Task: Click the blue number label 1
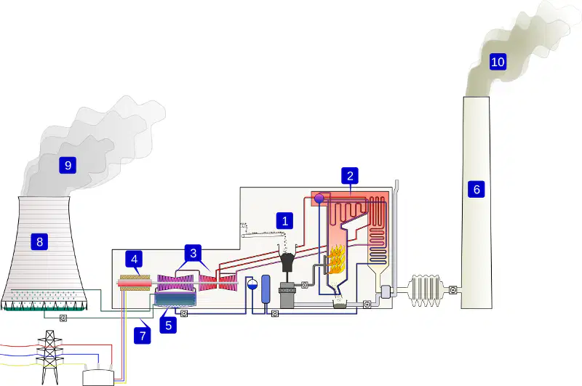click(x=284, y=221)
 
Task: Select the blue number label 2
click(x=350, y=176)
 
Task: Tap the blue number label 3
click(x=193, y=253)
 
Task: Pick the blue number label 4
click(x=134, y=259)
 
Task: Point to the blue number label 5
click(x=168, y=325)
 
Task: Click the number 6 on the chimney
click(x=477, y=189)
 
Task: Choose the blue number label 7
click(x=143, y=336)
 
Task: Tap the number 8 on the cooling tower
click(x=39, y=242)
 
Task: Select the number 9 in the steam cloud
click(x=68, y=165)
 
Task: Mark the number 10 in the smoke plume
click(x=498, y=62)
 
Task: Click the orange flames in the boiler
click(x=336, y=260)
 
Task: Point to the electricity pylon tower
click(x=49, y=358)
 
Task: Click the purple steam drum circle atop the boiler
click(x=319, y=199)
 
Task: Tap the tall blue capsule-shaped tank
click(x=266, y=289)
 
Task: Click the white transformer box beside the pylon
click(x=98, y=377)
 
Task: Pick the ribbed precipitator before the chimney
click(x=426, y=290)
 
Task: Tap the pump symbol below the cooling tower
click(x=63, y=318)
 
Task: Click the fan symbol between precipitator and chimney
click(x=453, y=289)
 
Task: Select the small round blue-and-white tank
click(x=252, y=284)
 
